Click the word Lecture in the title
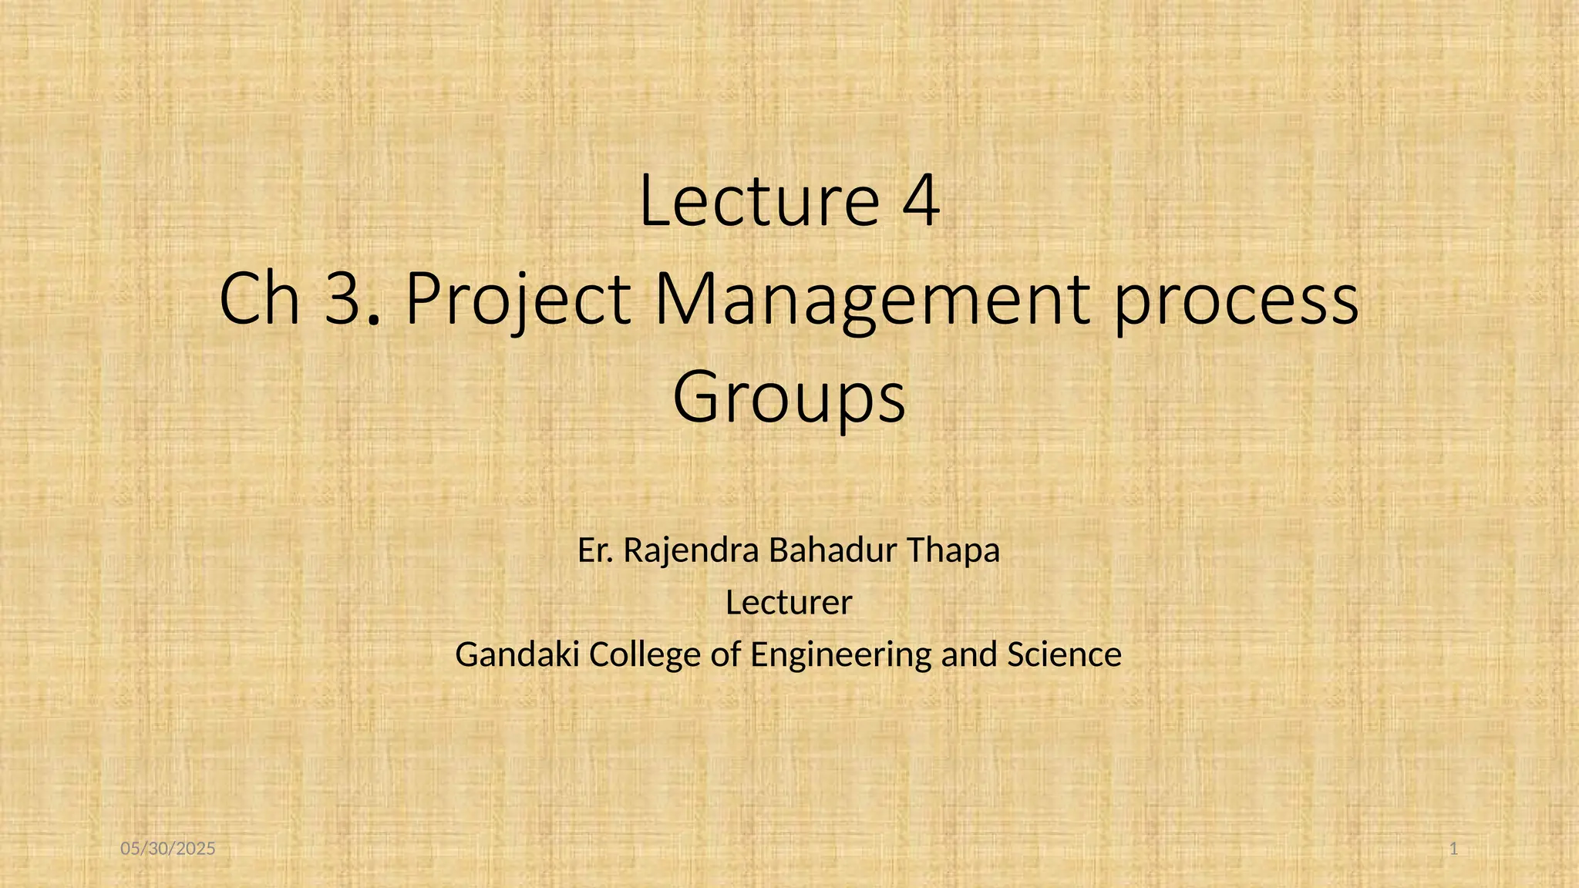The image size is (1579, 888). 759,202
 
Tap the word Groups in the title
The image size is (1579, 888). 789,399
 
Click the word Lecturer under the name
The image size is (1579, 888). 789,602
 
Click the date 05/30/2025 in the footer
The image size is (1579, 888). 168,849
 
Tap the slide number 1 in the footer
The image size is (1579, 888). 1454,849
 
